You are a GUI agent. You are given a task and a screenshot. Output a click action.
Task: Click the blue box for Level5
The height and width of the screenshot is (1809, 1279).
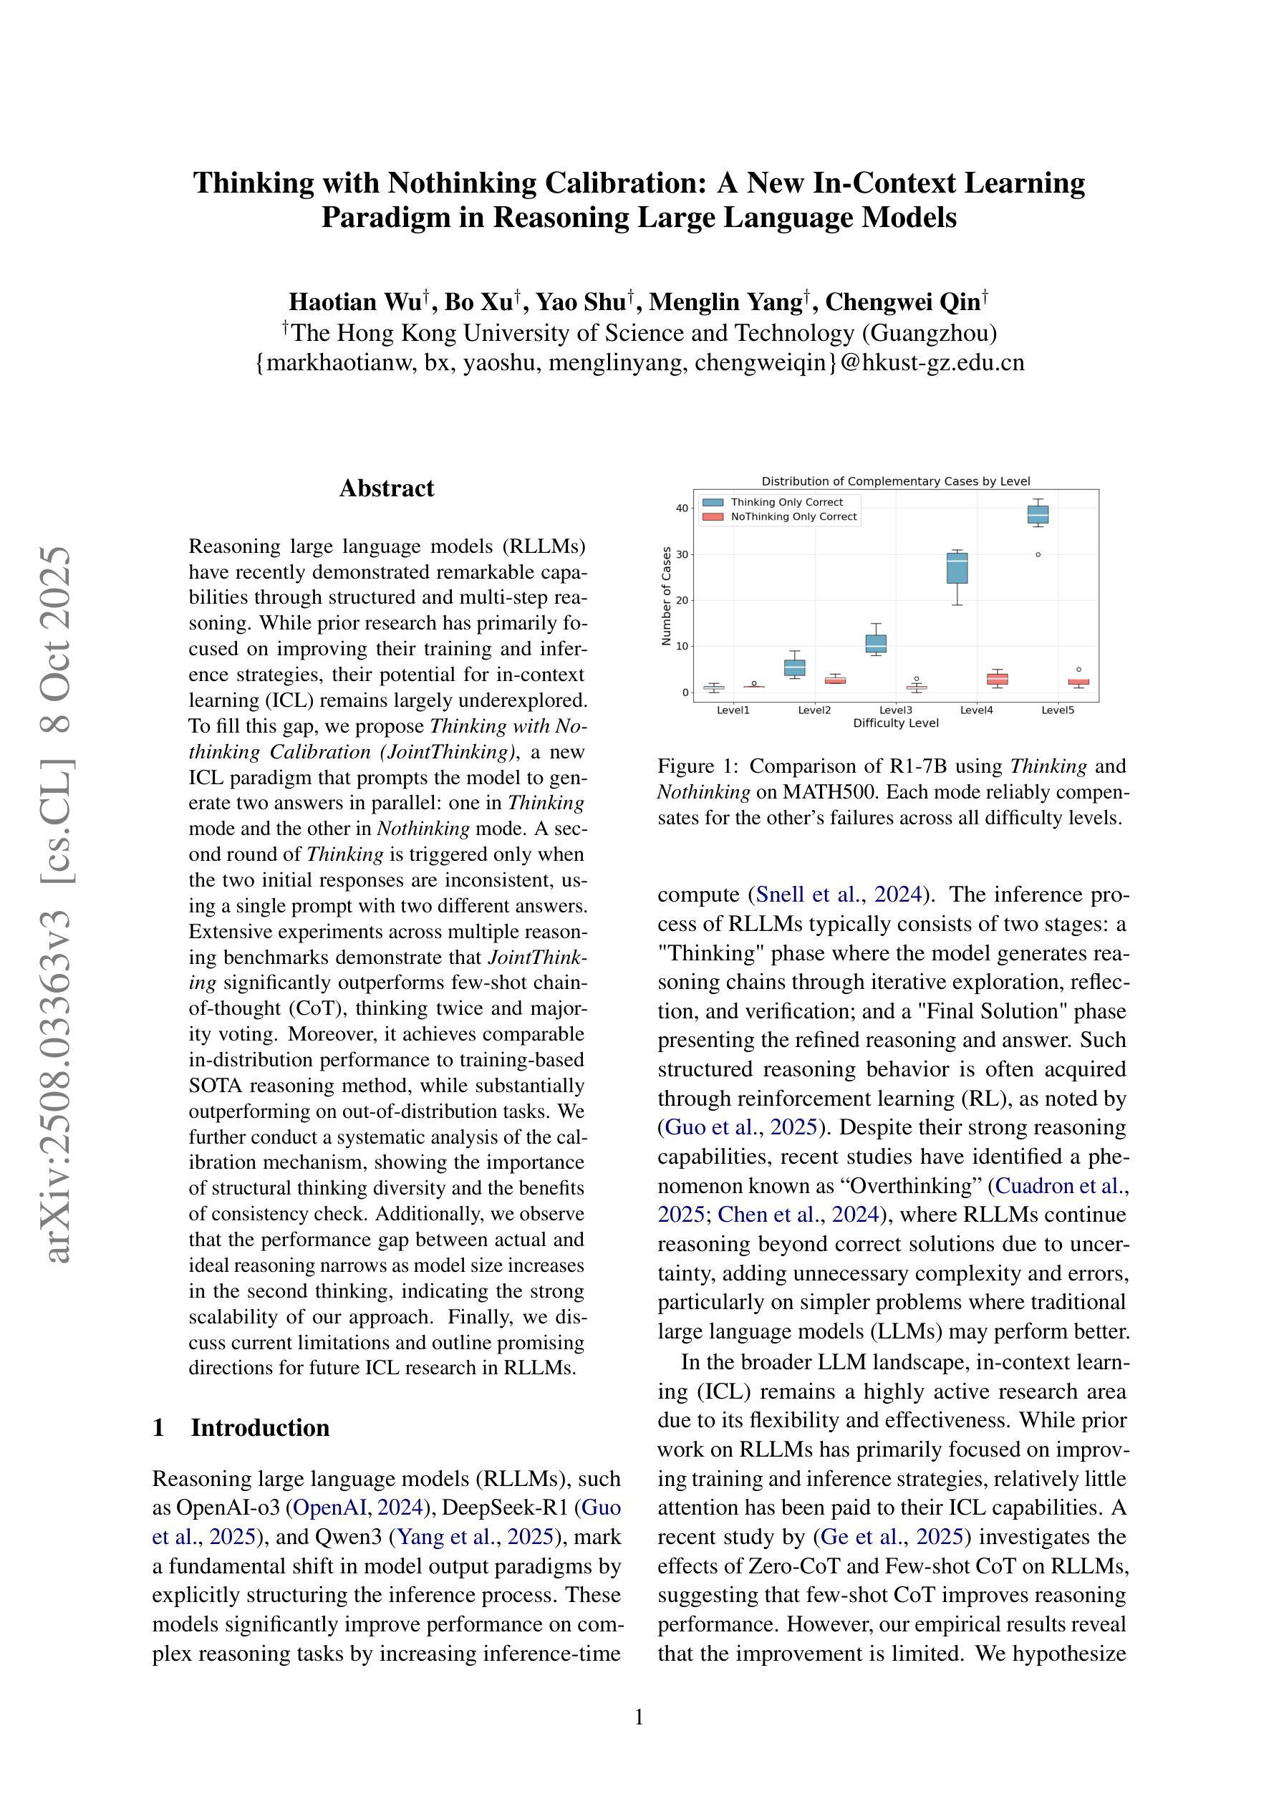(x=1038, y=514)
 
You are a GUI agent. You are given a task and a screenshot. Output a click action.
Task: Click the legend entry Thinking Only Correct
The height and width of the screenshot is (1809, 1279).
(x=786, y=502)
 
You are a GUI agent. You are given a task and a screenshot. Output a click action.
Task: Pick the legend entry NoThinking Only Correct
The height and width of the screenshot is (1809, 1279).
(x=793, y=517)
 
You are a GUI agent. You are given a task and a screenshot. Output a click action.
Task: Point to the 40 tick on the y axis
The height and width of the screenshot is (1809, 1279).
(x=682, y=508)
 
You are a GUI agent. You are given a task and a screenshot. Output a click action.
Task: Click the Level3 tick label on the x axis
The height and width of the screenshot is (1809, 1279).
(x=895, y=710)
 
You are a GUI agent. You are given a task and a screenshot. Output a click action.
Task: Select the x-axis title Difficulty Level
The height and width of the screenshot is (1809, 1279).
(x=895, y=723)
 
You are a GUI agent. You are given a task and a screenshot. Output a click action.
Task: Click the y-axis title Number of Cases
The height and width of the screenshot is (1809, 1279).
(x=667, y=597)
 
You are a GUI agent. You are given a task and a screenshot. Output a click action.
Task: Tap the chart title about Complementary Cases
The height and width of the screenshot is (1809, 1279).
(x=895, y=481)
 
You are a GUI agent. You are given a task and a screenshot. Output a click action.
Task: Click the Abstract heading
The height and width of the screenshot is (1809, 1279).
(x=386, y=488)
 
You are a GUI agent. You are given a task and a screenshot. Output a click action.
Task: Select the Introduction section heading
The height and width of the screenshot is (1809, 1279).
(x=259, y=1428)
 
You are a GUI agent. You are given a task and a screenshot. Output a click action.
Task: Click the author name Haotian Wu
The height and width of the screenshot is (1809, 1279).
(x=354, y=301)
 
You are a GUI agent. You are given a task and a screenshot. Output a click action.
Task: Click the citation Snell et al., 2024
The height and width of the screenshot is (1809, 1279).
(x=839, y=894)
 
